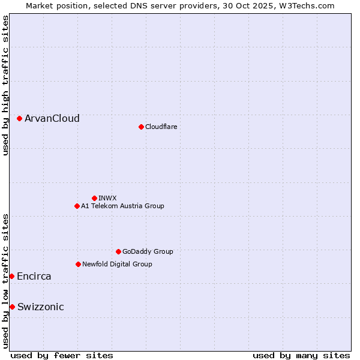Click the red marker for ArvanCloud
20,119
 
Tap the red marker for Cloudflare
141,127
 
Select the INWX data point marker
94,198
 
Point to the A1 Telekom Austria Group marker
77,206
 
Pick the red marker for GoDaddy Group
118,251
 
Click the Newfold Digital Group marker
78,264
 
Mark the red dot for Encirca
12,276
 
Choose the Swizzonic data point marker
12,307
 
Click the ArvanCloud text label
52,119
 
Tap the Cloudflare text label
161,127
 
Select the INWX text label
107,198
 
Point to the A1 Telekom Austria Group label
122,206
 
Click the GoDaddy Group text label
148,251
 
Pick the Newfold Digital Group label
117,264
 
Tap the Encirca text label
34,276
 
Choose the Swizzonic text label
41,307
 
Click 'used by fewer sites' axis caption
62,355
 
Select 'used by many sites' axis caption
301,355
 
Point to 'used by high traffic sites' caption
5,85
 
